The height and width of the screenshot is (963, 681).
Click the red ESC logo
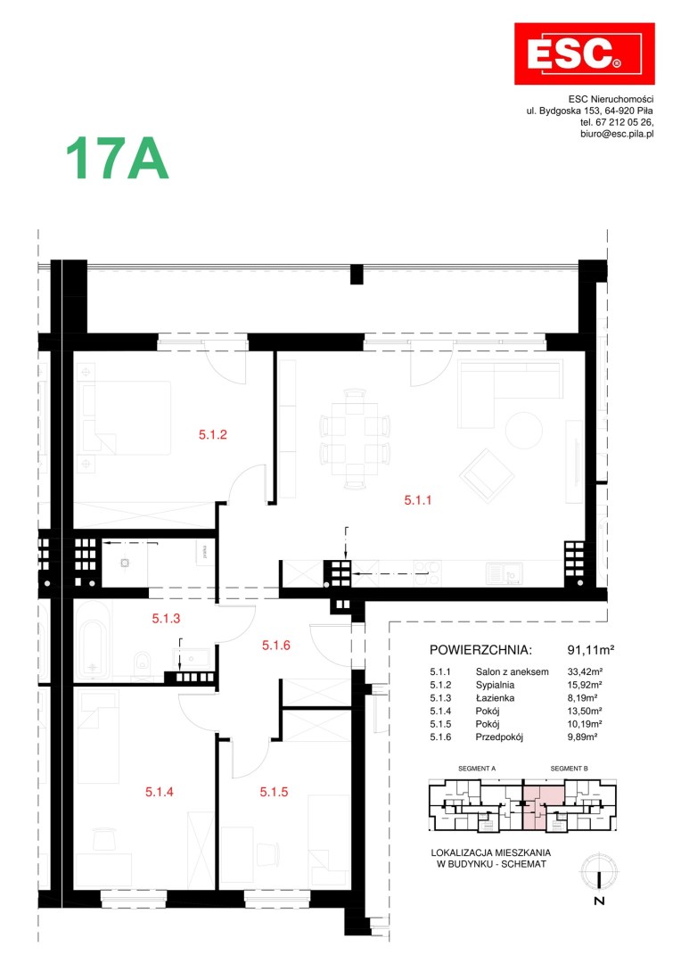[584, 54]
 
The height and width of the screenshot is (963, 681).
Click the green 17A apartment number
[117, 159]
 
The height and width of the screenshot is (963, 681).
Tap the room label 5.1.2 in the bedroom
[212, 435]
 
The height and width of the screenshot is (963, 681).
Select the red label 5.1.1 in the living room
[417, 500]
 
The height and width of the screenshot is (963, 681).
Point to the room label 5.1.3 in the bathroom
[166, 619]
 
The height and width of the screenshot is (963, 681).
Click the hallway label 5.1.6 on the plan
[275, 646]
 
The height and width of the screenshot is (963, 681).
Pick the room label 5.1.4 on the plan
[159, 793]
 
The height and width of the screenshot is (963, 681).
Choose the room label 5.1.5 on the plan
[274, 793]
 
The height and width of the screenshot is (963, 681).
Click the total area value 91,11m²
[591, 650]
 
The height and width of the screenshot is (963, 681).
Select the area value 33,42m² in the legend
[585, 672]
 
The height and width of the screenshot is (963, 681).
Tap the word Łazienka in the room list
[495, 698]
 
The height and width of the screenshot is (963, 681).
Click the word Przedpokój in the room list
[499, 737]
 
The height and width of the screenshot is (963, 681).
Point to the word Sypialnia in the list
[495, 685]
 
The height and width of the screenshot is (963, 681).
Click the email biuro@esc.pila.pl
[617, 134]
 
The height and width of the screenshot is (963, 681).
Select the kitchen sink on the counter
[504, 573]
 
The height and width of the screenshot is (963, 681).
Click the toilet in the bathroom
[142, 664]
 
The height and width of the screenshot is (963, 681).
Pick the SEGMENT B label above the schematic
[569, 769]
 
